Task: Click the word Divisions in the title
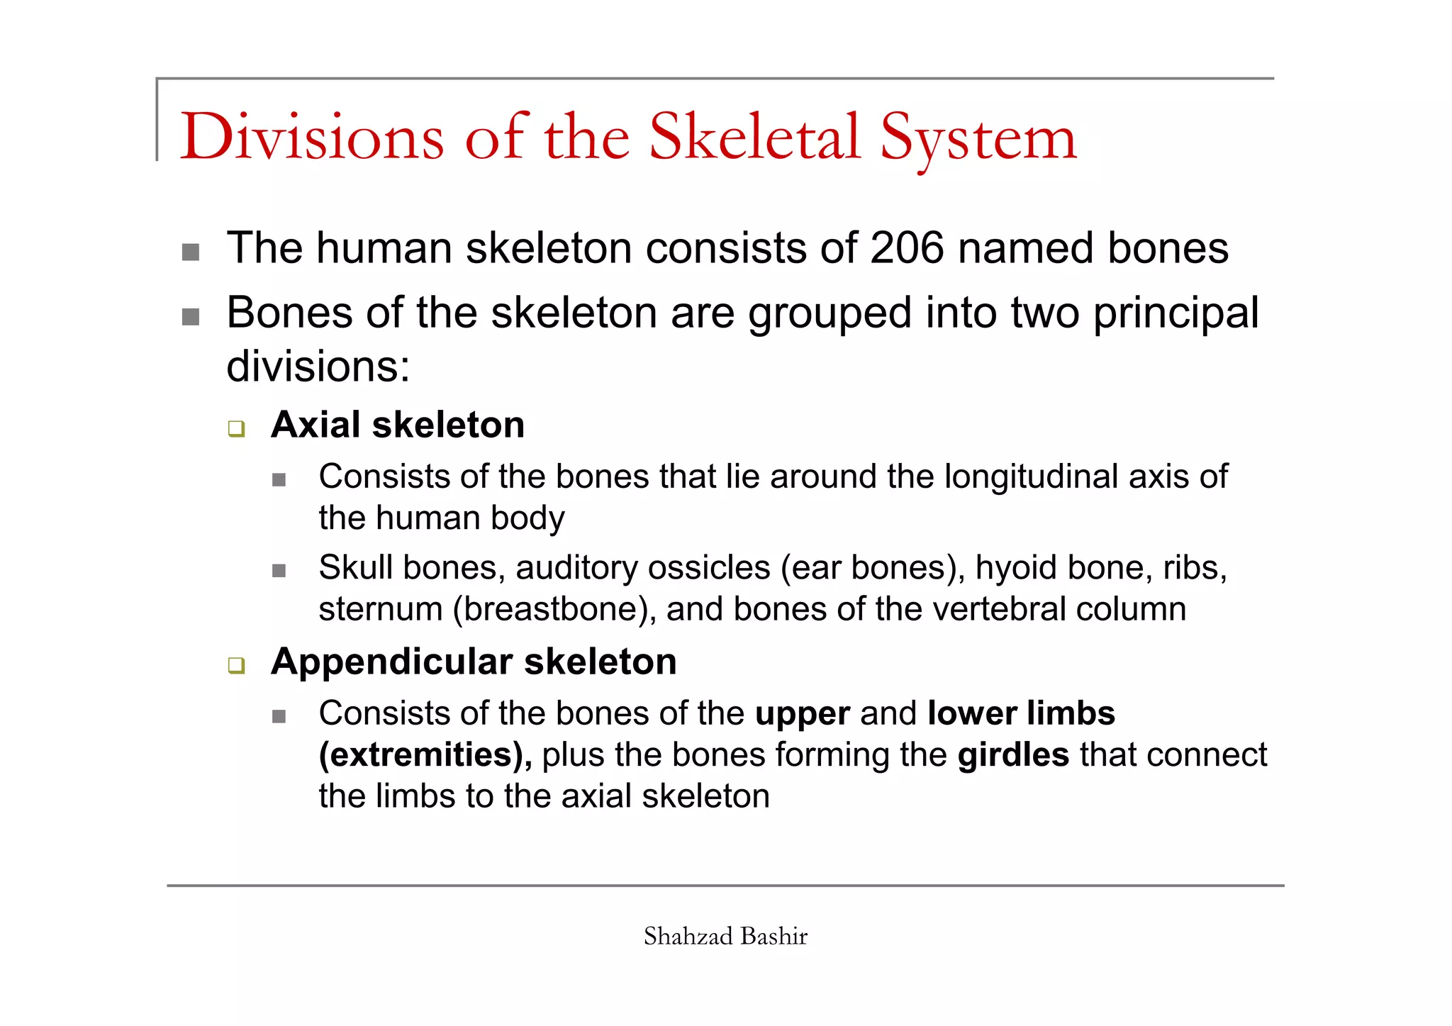click(x=312, y=137)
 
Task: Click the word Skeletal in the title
click(x=754, y=137)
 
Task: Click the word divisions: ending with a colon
click(x=318, y=367)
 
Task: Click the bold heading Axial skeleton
click(x=398, y=425)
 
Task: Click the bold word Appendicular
click(x=391, y=662)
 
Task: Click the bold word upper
click(x=802, y=714)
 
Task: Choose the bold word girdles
click(x=1012, y=755)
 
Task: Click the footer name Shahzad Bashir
click(x=725, y=937)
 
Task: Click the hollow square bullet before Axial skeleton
click(x=236, y=429)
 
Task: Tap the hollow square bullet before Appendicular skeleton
click(x=236, y=666)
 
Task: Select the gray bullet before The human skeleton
click(x=191, y=252)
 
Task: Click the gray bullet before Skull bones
click(x=279, y=571)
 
